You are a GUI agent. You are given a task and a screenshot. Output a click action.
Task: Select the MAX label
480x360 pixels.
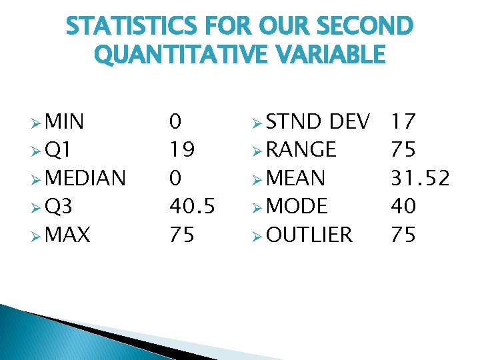(69, 235)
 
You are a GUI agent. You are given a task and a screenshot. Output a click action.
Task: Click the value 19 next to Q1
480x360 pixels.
(182, 150)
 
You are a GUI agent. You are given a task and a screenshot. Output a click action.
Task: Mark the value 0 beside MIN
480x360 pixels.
(175, 122)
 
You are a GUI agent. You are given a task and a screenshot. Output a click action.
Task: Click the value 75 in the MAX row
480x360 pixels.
(182, 235)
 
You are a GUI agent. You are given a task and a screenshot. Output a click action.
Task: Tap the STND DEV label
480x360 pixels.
(317, 122)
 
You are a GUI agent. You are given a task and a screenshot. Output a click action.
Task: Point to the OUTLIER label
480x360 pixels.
(309, 235)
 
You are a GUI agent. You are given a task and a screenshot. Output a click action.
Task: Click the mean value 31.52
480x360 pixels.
(421, 179)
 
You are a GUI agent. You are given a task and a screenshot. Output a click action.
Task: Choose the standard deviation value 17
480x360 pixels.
(403, 122)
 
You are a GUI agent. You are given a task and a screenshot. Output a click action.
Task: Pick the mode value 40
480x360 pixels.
(403, 207)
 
